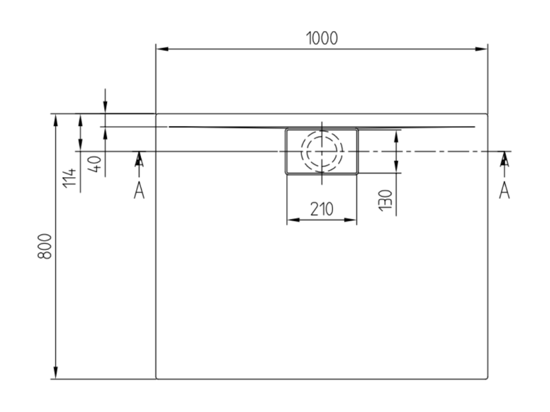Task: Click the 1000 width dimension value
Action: [x=322, y=38]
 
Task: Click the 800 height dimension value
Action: [x=45, y=246]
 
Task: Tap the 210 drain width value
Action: [x=321, y=209]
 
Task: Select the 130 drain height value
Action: [x=385, y=200]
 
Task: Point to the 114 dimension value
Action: [x=69, y=178]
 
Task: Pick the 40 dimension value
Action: [x=94, y=164]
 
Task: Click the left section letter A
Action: [x=139, y=191]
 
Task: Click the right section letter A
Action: [x=504, y=191]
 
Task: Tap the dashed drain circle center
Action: [x=322, y=151]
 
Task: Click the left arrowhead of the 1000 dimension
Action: [x=162, y=49]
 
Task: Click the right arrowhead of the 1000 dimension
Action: [x=481, y=49]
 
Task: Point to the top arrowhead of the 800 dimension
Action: [x=55, y=120]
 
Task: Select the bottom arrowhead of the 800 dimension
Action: [x=55, y=373]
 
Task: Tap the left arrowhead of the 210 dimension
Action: [x=294, y=220]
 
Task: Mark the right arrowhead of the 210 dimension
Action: [x=351, y=220]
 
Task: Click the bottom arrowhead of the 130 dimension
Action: [x=396, y=167]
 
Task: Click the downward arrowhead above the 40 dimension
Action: [x=105, y=107]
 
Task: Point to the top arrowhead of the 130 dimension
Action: [x=396, y=136]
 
